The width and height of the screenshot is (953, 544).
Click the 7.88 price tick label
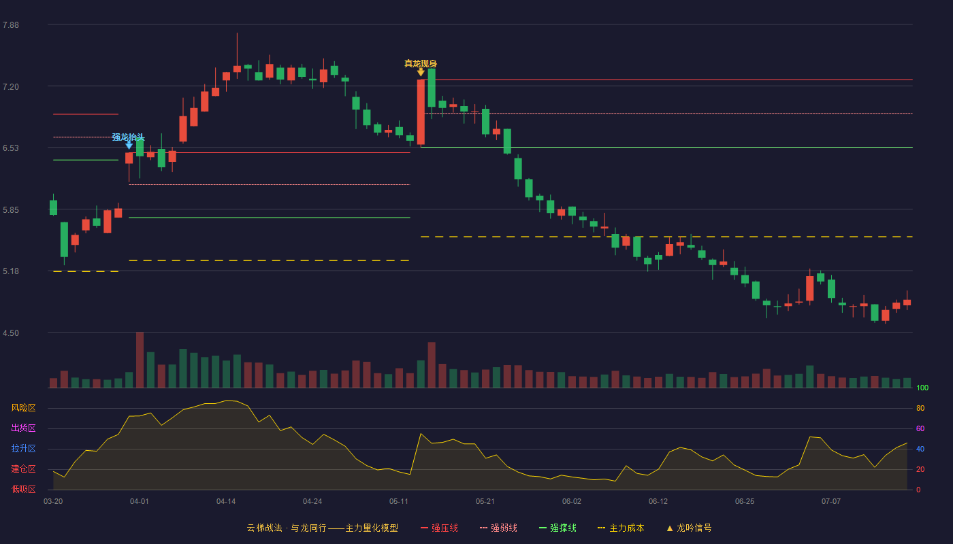coord(11,25)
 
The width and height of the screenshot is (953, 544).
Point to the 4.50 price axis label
coord(11,333)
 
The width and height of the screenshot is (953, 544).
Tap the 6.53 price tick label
coord(11,148)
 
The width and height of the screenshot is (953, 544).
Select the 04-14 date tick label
coord(226,502)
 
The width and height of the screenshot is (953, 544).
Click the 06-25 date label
coord(745,502)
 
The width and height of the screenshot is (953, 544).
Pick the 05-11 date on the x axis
coord(399,502)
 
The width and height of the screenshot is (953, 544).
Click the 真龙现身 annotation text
coord(421,64)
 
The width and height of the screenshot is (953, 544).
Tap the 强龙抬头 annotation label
coord(128,137)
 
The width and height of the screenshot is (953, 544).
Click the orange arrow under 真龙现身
coord(421,72)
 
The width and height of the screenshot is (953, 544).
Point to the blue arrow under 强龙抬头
coord(129,146)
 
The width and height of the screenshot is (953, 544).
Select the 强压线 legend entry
coord(439,528)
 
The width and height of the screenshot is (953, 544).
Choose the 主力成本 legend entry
coord(621,528)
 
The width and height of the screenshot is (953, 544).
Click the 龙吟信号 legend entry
coord(689,528)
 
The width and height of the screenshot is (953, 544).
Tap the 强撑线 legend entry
coord(558,528)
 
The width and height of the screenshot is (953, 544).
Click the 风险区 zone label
coord(23,408)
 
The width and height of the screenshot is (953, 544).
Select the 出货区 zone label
coord(23,428)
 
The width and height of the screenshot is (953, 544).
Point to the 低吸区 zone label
coord(23,489)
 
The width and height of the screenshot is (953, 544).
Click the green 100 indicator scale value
coord(922,388)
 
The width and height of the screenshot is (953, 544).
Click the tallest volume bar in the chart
coord(140,360)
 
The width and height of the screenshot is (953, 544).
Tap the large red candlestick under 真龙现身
coord(421,112)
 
